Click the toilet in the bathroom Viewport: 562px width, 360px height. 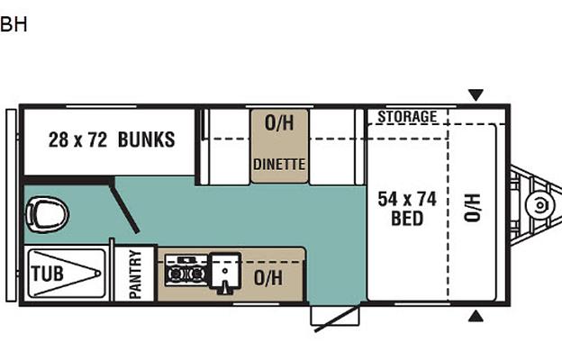coord(48,215)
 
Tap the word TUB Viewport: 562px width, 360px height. coord(48,274)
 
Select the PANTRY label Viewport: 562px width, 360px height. coord(135,274)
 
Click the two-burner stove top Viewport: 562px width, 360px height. coord(186,271)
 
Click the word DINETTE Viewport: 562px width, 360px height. coord(279,165)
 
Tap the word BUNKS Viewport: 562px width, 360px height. coord(146,139)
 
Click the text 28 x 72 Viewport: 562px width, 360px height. coord(77,139)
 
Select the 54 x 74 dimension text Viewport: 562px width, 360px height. coord(407,199)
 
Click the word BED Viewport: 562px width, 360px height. coord(407,219)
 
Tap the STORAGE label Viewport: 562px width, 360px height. coord(407,117)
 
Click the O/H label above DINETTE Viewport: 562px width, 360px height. coord(279,123)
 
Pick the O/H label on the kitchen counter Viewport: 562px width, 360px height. coord(268,277)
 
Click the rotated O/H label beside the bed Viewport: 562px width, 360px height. coord(472,208)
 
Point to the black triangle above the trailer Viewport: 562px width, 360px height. coord(476,94)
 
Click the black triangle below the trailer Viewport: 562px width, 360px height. coord(476,316)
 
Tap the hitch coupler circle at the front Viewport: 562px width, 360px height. coord(539,205)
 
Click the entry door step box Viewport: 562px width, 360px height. coord(335,315)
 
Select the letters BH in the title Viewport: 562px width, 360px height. coord(14,24)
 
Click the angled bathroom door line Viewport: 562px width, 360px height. coord(124,207)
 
